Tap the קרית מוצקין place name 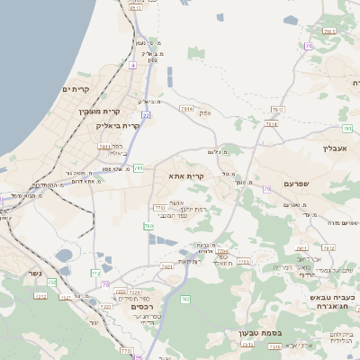[x=98, y=110]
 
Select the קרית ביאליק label [x=118, y=125]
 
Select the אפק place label [x=205, y=112]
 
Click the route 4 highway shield [x=132, y=66]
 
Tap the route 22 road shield [x=146, y=115]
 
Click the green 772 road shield [x=96, y=272]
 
